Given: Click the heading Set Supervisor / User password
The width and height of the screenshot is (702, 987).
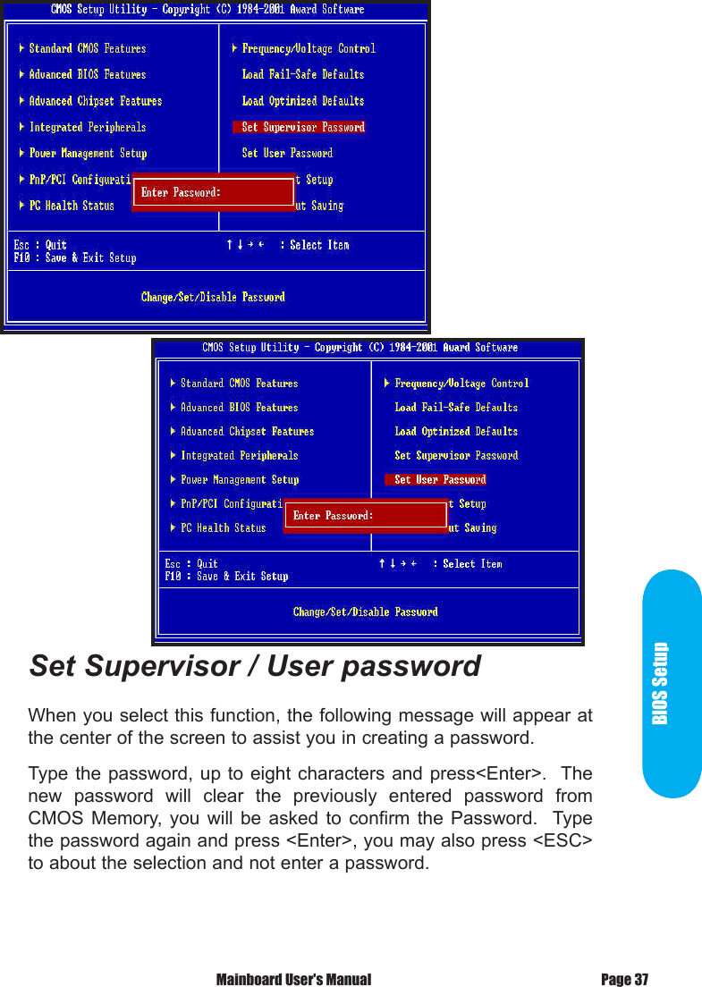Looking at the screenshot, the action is tap(255, 667).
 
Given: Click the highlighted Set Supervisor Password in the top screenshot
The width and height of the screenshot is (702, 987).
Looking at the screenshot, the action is tap(302, 127).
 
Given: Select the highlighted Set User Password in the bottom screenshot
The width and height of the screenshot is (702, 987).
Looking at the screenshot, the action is tap(439, 480).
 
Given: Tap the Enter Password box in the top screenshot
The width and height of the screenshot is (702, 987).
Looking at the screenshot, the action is tap(214, 192).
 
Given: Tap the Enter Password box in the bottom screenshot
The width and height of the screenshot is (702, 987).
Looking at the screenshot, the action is tap(365, 516).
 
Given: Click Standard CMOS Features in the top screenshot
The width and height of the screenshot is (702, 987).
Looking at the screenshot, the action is tap(87, 48).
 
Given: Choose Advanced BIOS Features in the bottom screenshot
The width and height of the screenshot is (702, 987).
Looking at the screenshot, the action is tap(239, 408).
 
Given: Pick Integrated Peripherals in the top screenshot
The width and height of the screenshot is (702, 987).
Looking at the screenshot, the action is tap(87, 127).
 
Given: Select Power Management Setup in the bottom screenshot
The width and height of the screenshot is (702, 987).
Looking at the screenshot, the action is tap(239, 480).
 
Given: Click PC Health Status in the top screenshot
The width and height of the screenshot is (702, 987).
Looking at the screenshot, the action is tap(72, 206).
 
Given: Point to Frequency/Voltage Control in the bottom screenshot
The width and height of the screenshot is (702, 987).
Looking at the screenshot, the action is tap(461, 384).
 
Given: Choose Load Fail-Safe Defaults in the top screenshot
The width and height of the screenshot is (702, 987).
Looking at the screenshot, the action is tap(303, 74).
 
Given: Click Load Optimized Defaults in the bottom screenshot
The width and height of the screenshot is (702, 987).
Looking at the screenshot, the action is tap(456, 432).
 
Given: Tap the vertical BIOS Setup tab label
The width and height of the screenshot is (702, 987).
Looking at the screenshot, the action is tap(660, 684).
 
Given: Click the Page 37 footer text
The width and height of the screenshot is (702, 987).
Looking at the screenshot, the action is tap(624, 980).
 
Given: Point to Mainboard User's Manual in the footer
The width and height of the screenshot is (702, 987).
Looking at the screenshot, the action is tap(293, 980).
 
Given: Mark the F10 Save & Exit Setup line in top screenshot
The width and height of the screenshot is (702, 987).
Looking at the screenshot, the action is tap(75, 258).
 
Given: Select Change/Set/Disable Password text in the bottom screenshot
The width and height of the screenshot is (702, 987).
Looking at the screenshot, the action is tap(365, 612).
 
